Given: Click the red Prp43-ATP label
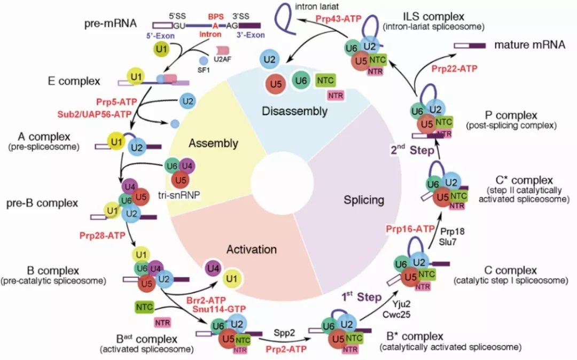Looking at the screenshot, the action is [x=339, y=18].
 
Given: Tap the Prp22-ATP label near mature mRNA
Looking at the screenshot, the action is [x=455, y=68].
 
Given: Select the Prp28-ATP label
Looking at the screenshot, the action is [x=102, y=235].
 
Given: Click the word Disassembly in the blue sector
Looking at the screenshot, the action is [x=295, y=111].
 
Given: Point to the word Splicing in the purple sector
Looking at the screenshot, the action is [x=364, y=200].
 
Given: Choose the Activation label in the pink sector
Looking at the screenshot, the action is [x=252, y=249].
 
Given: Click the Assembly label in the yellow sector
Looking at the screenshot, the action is [x=213, y=143].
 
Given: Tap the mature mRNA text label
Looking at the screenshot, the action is [x=529, y=45].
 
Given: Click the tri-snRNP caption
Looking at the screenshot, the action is [x=179, y=195].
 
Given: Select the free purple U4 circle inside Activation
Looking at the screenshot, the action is [x=213, y=269].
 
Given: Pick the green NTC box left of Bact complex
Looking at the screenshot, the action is [x=144, y=307].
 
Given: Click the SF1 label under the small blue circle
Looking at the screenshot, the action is [x=204, y=70].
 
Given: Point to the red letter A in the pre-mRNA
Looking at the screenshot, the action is [x=215, y=26].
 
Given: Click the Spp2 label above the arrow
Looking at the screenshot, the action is [x=284, y=333].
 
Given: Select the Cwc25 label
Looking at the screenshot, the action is [x=396, y=315].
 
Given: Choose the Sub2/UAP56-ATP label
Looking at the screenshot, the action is [x=94, y=114].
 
